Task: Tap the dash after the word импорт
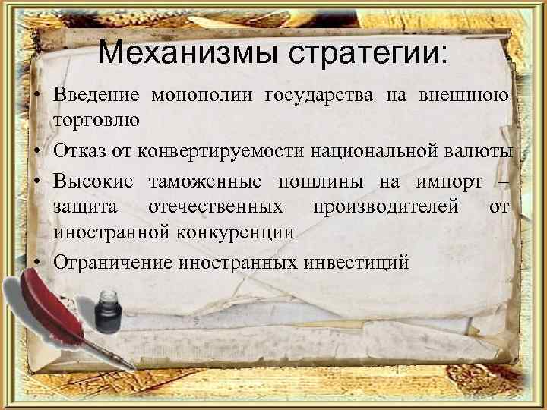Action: click(x=501, y=181)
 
